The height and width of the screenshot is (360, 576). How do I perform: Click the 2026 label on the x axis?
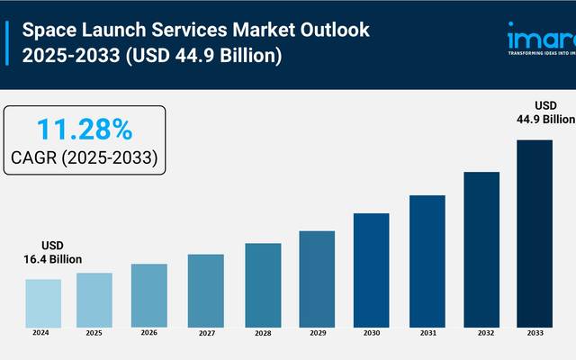coord(149,333)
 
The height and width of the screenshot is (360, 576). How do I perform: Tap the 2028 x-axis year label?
coord(262,333)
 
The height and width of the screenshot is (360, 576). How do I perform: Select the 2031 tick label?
coord(427,333)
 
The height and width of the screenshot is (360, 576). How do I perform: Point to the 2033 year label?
coord(535,333)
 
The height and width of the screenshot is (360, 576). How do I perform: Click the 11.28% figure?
coord(85,130)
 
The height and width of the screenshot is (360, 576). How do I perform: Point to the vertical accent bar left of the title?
coord(10,42)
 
